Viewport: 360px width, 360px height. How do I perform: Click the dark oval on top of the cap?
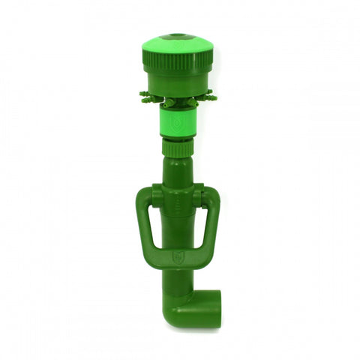click(178, 34)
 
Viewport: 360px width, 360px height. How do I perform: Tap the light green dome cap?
click(178, 47)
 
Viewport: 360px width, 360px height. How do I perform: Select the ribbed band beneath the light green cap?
click(178, 64)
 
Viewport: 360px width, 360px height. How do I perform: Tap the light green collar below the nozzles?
click(178, 123)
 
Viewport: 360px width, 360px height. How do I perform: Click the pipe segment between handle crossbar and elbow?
click(178, 281)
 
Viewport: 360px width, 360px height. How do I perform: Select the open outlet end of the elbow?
click(213, 308)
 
